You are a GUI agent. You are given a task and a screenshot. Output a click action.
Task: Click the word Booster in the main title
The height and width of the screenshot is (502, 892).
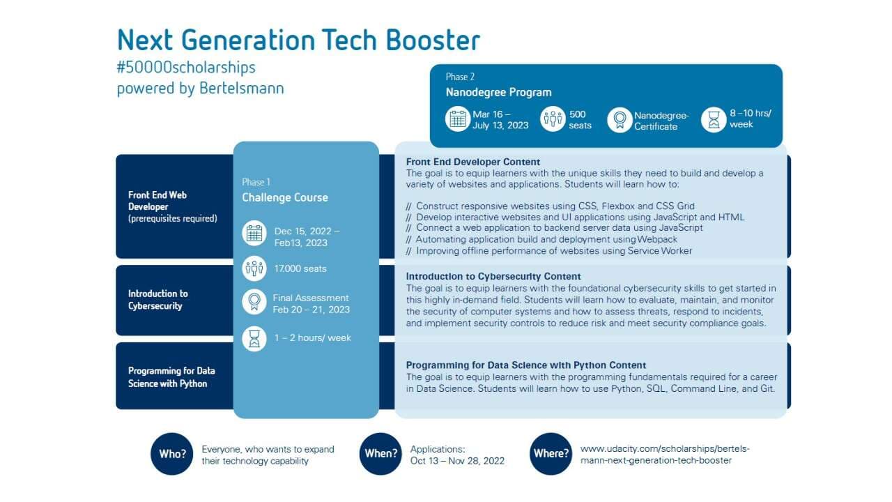(x=433, y=40)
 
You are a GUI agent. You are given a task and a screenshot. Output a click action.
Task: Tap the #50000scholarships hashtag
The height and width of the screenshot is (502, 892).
(x=186, y=68)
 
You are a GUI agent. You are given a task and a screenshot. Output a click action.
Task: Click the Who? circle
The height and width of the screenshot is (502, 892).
(x=171, y=454)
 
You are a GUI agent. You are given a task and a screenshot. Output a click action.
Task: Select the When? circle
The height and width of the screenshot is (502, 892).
(x=380, y=454)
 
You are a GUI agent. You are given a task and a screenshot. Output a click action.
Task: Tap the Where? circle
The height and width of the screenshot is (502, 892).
(x=551, y=454)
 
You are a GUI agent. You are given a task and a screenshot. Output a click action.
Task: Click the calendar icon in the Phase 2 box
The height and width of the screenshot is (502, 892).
(x=458, y=119)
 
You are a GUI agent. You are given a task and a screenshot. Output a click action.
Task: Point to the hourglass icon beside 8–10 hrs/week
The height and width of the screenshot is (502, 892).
(x=714, y=119)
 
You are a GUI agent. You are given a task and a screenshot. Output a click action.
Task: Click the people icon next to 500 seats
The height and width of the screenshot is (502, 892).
(x=553, y=119)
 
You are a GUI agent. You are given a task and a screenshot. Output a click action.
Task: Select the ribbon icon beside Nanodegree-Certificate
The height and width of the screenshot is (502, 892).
(x=620, y=119)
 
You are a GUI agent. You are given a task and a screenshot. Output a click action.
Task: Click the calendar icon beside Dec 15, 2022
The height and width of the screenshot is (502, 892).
(x=254, y=233)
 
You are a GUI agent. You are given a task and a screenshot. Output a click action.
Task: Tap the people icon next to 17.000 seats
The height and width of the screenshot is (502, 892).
(x=254, y=268)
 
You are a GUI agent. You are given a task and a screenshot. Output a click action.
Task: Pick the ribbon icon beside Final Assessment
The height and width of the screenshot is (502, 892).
(x=254, y=302)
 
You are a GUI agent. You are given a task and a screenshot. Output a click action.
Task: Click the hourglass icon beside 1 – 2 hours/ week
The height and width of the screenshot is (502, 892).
(x=254, y=339)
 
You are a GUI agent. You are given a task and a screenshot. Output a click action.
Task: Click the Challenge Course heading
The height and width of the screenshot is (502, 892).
(x=285, y=197)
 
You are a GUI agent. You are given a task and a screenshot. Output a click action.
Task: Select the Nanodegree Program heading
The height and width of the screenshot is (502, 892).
(x=498, y=93)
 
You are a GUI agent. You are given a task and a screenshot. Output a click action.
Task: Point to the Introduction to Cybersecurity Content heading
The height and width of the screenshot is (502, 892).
(x=493, y=277)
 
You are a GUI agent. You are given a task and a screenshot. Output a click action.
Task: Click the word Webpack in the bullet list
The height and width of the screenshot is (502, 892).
(x=657, y=239)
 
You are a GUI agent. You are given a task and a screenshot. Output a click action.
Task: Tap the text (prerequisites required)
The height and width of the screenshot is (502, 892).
(x=173, y=218)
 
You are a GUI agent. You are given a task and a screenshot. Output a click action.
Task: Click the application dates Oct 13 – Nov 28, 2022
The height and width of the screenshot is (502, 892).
(x=457, y=461)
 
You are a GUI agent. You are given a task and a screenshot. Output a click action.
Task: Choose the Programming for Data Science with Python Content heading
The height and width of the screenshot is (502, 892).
(x=526, y=365)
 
